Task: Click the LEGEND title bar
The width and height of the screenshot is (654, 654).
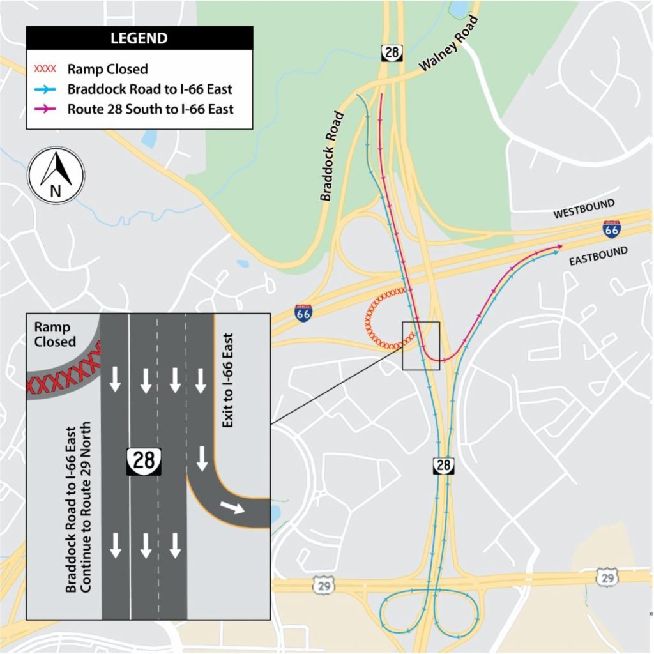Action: pyautogui.click(x=139, y=38)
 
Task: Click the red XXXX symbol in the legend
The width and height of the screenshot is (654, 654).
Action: pyautogui.click(x=44, y=69)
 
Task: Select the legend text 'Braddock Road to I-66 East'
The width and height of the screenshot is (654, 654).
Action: pyautogui.click(x=149, y=89)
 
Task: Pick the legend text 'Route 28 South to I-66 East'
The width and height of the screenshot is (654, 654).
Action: pyautogui.click(x=150, y=109)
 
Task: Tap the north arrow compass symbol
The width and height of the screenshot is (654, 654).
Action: pyautogui.click(x=56, y=175)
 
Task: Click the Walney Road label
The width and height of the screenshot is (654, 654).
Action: pyautogui.click(x=448, y=44)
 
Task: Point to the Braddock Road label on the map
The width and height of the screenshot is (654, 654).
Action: pyautogui.click(x=332, y=156)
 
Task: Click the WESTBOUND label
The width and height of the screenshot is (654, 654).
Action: pyautogui.click(x=583, y=209)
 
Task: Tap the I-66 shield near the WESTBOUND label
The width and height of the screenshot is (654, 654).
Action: pyautogui.click(x=611, y=229)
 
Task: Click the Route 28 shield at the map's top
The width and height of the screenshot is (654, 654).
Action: pyautogui.click(x=391, y=52)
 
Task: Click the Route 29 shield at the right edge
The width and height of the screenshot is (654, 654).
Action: pyautogui.click(x=607, y=577)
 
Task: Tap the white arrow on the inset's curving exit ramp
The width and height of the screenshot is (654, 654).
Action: pyautogui.click(x=231, y=507)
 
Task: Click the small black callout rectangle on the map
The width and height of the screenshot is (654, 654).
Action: pyautogui.click(x=422, y=346)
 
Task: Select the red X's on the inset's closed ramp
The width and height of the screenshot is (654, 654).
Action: pyautogui.click(x=63, y=377)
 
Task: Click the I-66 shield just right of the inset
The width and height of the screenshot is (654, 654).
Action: pyautogui.click(x=304, y=313)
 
